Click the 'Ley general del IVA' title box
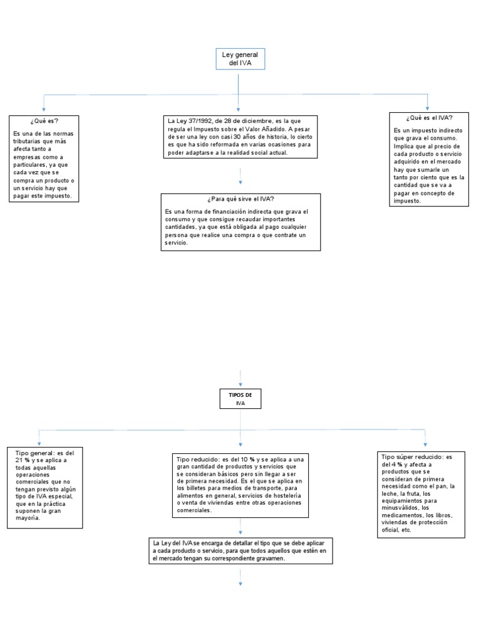239,59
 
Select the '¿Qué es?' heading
44,120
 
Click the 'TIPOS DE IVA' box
240,399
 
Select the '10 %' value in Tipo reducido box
245,460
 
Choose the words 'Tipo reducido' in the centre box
195,460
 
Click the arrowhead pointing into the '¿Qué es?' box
43,109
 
